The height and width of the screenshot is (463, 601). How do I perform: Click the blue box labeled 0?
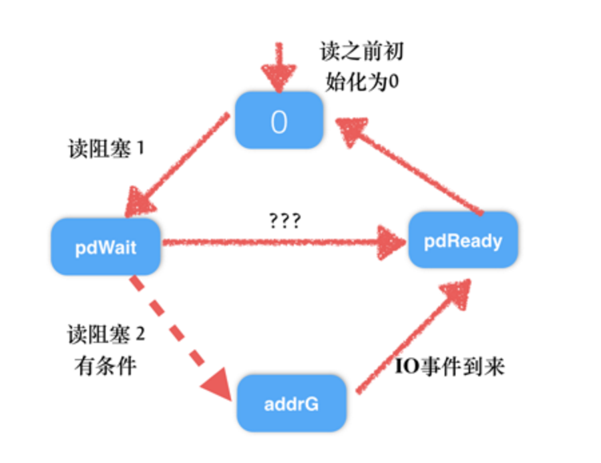tap(279, 121)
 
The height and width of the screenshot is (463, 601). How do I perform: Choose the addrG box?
tap(292, 403)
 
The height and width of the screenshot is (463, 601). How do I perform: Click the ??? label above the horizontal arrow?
tap(283, 221)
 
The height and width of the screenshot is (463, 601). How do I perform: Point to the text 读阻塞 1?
tap(106, 148)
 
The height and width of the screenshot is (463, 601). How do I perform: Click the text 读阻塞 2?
tap(106, 334)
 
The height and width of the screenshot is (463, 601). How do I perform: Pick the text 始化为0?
tap(361, 82)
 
